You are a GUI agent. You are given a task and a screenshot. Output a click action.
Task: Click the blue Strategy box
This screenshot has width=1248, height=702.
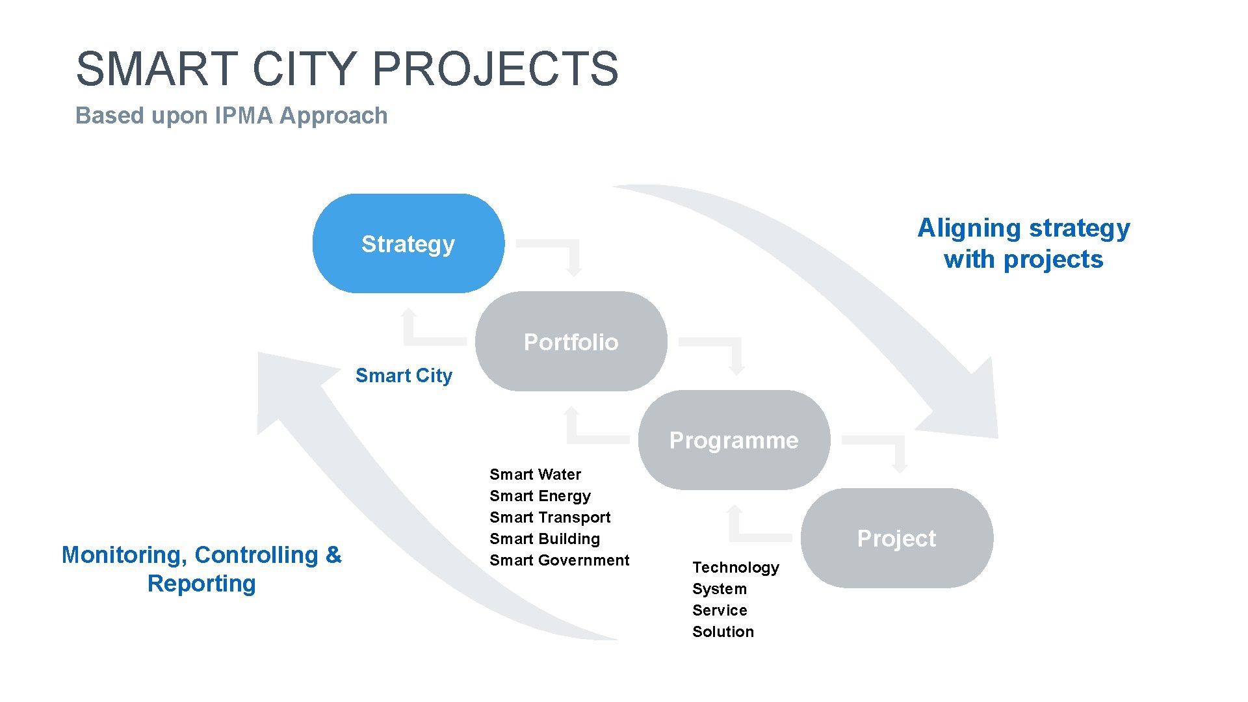(408, 244)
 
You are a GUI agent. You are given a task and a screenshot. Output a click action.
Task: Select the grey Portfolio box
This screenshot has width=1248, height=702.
(571, 342)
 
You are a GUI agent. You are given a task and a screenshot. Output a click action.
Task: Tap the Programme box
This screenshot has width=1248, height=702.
(734, 440)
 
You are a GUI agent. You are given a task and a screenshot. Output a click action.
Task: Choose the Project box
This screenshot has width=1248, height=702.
(896, 538)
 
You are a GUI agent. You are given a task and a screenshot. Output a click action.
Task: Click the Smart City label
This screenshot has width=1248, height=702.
(404, 376)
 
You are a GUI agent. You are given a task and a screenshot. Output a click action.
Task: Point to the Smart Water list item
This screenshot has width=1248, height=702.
(535, 474)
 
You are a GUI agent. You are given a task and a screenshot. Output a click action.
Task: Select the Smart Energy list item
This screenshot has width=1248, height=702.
(539, 496)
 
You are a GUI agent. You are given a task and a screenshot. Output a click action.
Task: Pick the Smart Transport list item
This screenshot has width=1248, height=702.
(550, 517)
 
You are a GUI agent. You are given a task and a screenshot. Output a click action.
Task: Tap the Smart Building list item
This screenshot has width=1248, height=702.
(545, 539)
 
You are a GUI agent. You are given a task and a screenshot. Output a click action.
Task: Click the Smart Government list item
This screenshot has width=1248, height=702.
(559, 560)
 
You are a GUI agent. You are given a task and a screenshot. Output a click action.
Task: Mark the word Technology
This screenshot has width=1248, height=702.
(735, 567)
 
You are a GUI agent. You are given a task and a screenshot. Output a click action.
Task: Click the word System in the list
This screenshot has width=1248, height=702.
(720, 589)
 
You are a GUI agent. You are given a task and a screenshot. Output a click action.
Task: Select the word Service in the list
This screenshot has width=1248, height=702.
(720, 610)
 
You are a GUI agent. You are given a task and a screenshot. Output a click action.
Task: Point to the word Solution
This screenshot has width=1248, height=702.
(723, 632)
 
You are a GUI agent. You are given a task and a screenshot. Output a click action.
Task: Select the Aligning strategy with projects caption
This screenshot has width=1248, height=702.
(1023, 243)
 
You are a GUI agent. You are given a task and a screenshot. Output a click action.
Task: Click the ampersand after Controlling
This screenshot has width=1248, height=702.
(333, 554)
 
